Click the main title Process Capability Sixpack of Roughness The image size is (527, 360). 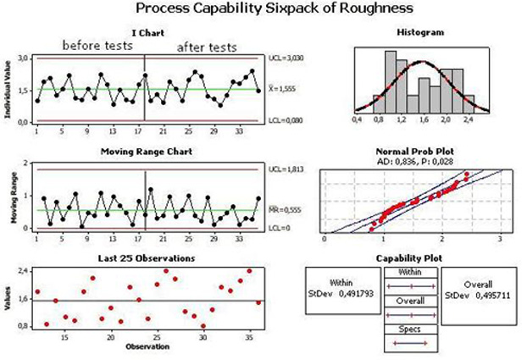click(x=263, y=10)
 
